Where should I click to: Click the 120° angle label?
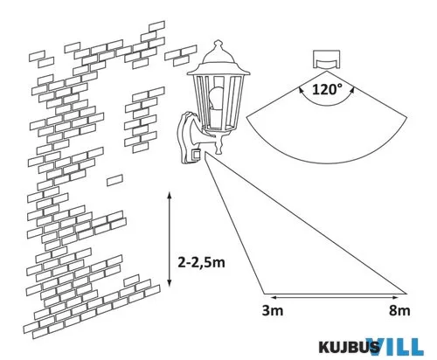tap(327, 89)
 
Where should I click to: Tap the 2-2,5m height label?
tap(202, 263)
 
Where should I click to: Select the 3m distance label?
tap(273, 310)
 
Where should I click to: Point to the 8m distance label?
tap(399, 310)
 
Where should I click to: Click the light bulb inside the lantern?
tap(216, 98)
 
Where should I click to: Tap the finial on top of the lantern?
tap(218, 45)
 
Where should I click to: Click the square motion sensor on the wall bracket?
tap(196, 155)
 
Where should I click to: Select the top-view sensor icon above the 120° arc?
tap(326, 59)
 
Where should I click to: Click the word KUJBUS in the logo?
tap(349, 347)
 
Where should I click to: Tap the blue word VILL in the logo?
tap(395, 346)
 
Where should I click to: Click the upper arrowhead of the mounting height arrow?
tap(169, 195)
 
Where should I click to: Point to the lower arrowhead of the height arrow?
tap(169, 283)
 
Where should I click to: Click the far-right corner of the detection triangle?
tap(406, 294)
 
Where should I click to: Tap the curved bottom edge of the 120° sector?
tap(327, 163)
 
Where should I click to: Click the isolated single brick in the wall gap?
tap(114, 180)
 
